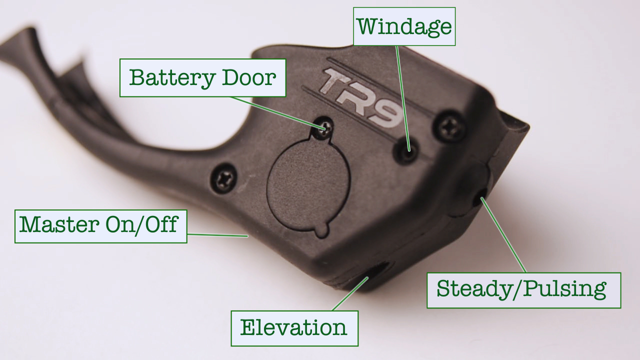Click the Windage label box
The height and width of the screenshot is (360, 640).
tap(404, 26)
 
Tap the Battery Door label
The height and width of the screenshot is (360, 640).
tap(202, 78)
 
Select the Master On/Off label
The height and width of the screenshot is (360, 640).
tap(101, 226)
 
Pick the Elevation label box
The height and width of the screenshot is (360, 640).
tap(294, 328)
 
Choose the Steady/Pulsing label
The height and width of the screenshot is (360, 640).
tap(523, 290)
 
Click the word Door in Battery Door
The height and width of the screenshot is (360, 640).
tap(249, 77)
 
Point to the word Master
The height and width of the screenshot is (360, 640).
tap(59, 224)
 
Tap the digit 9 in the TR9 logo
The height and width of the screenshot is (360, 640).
tap(385, 113)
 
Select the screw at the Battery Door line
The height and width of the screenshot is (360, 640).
tap(324, 128)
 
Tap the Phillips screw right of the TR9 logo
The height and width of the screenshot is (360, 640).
tap(449, 126)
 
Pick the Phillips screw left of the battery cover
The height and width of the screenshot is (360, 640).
tap(223, 178)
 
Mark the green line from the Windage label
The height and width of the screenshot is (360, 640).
tap(403, 98)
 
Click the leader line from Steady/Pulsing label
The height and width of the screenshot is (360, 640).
tap(503, 235)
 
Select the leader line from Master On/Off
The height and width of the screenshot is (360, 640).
tap(217, 235)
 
